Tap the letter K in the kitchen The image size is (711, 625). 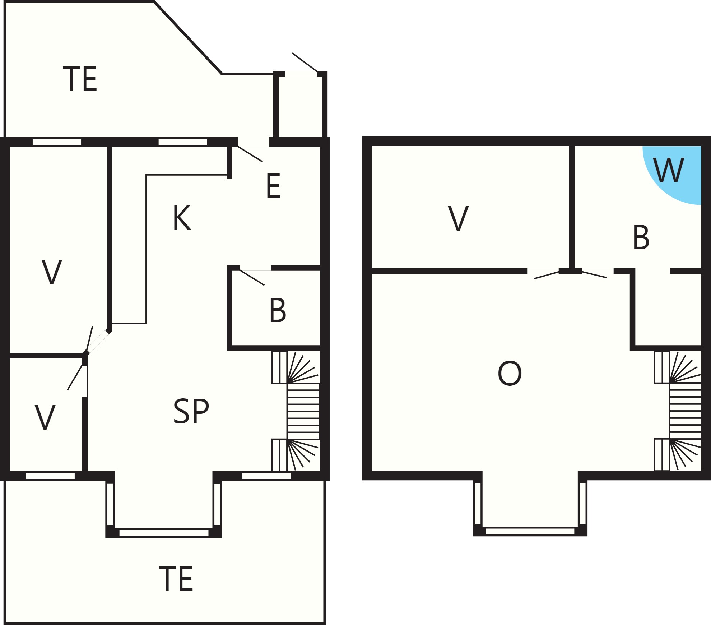(x=181, y=218)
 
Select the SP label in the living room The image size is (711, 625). (x=191, y=412)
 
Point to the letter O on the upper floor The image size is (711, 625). (x=510, y=374)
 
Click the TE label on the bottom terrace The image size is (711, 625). (x=176, y=579)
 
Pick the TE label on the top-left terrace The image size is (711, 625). (x=80, y=79)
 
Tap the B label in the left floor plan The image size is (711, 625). (x=278, y=310)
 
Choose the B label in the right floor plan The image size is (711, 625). (x=641, y=237)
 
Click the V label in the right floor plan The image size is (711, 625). (x=459, y=218)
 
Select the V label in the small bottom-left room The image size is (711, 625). (x=45, y=417)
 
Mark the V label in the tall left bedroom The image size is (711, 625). (x=52, y=272)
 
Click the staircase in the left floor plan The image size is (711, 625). (x=296, y=411)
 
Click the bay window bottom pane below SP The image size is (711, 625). (x=164, y=532)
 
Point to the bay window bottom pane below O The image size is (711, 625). (x=530, y=531)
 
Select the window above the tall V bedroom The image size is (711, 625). (x=57, y=142)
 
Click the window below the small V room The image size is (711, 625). (x=50, y=476)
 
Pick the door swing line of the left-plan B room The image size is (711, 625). (x=252, y=277)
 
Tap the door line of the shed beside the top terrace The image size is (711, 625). (x=305, y=62)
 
